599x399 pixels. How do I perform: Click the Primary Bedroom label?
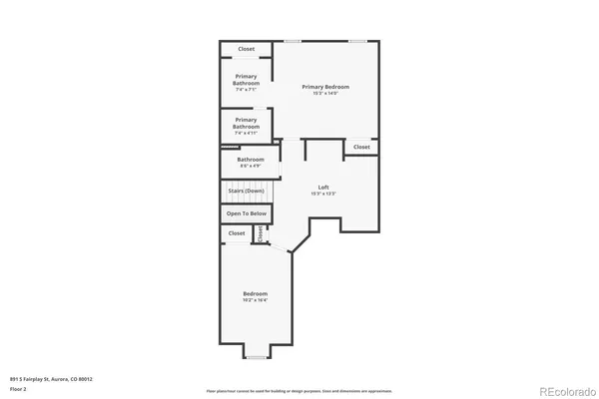point(325,87)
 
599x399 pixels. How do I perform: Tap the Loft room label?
point(323,188)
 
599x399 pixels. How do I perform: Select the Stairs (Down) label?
point(247,191)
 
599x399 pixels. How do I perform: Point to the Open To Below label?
point(247,213)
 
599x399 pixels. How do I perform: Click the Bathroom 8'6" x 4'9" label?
point(251,160)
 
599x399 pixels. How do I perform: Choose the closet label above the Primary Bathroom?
point(247,49)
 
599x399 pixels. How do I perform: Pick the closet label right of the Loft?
point(361,147)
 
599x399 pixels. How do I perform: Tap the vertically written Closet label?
point(260,233)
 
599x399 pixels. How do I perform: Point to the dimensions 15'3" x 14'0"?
point(325,94)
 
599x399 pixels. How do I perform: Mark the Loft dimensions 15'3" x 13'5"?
point(323,195)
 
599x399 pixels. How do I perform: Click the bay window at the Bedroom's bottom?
point(257,356)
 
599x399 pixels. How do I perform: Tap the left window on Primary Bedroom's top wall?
point(293,41)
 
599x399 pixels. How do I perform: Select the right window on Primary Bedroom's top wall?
point(357,41)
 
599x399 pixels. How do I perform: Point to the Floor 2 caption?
point(19,390)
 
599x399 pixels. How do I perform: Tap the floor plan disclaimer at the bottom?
point(299,391)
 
